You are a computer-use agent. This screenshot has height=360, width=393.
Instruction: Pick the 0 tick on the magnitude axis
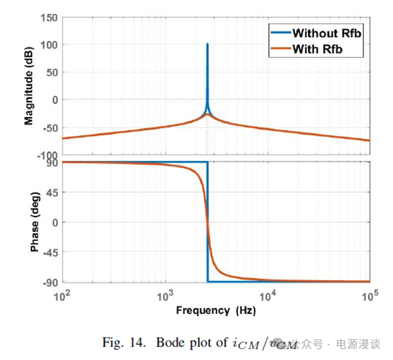tap(54, 100)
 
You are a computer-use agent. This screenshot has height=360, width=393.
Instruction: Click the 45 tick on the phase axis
tap(51, 193)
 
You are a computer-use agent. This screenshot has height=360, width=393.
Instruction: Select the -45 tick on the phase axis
tap(50, 252)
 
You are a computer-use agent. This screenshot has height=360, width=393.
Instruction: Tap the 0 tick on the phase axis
tap(54, 222)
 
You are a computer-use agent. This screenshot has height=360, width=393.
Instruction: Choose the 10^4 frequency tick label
tap(267, 294)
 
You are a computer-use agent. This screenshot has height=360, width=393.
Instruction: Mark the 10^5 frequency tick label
tap(369, 294)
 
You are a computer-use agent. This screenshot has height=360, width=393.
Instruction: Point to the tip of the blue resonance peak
tap(207, 44)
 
